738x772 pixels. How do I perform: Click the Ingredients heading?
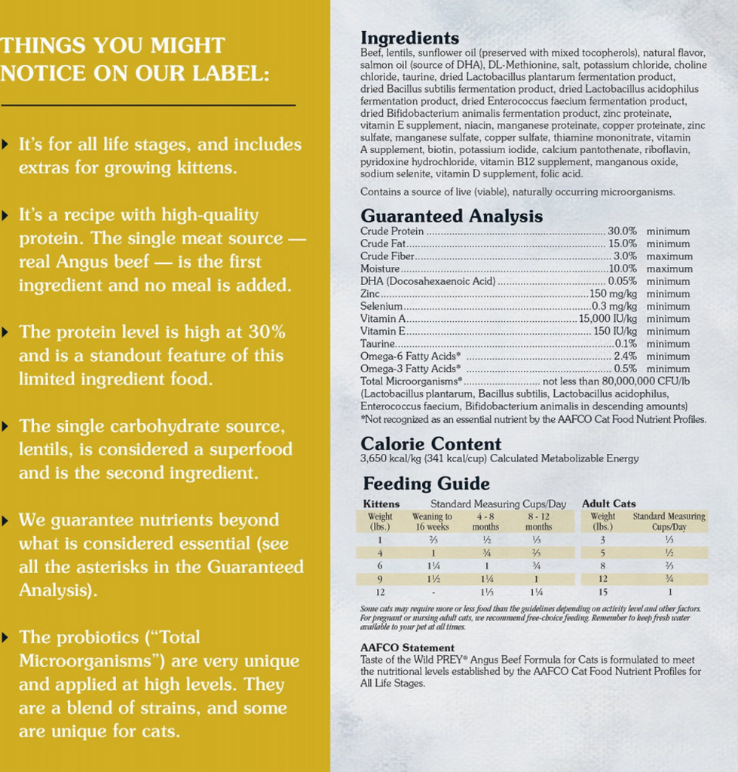[409, 38]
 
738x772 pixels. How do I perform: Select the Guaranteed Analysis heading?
[451, 216]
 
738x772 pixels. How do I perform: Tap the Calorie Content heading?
[430, 444]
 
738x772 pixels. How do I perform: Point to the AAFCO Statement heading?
[407, 648]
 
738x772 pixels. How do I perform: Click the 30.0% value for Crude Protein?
[623, 231]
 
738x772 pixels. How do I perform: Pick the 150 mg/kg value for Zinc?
[614, 294]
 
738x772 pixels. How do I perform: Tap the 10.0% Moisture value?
[623, 268]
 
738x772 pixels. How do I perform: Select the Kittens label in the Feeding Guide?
[381, 504]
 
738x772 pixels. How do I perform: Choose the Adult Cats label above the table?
[608, 504]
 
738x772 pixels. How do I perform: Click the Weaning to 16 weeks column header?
[432, 521]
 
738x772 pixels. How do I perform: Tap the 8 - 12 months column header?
[538, 521]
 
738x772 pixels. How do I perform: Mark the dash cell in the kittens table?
[433, 593]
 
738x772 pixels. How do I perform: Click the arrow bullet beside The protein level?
[6, 332]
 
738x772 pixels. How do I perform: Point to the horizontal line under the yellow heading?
[148, 106]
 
